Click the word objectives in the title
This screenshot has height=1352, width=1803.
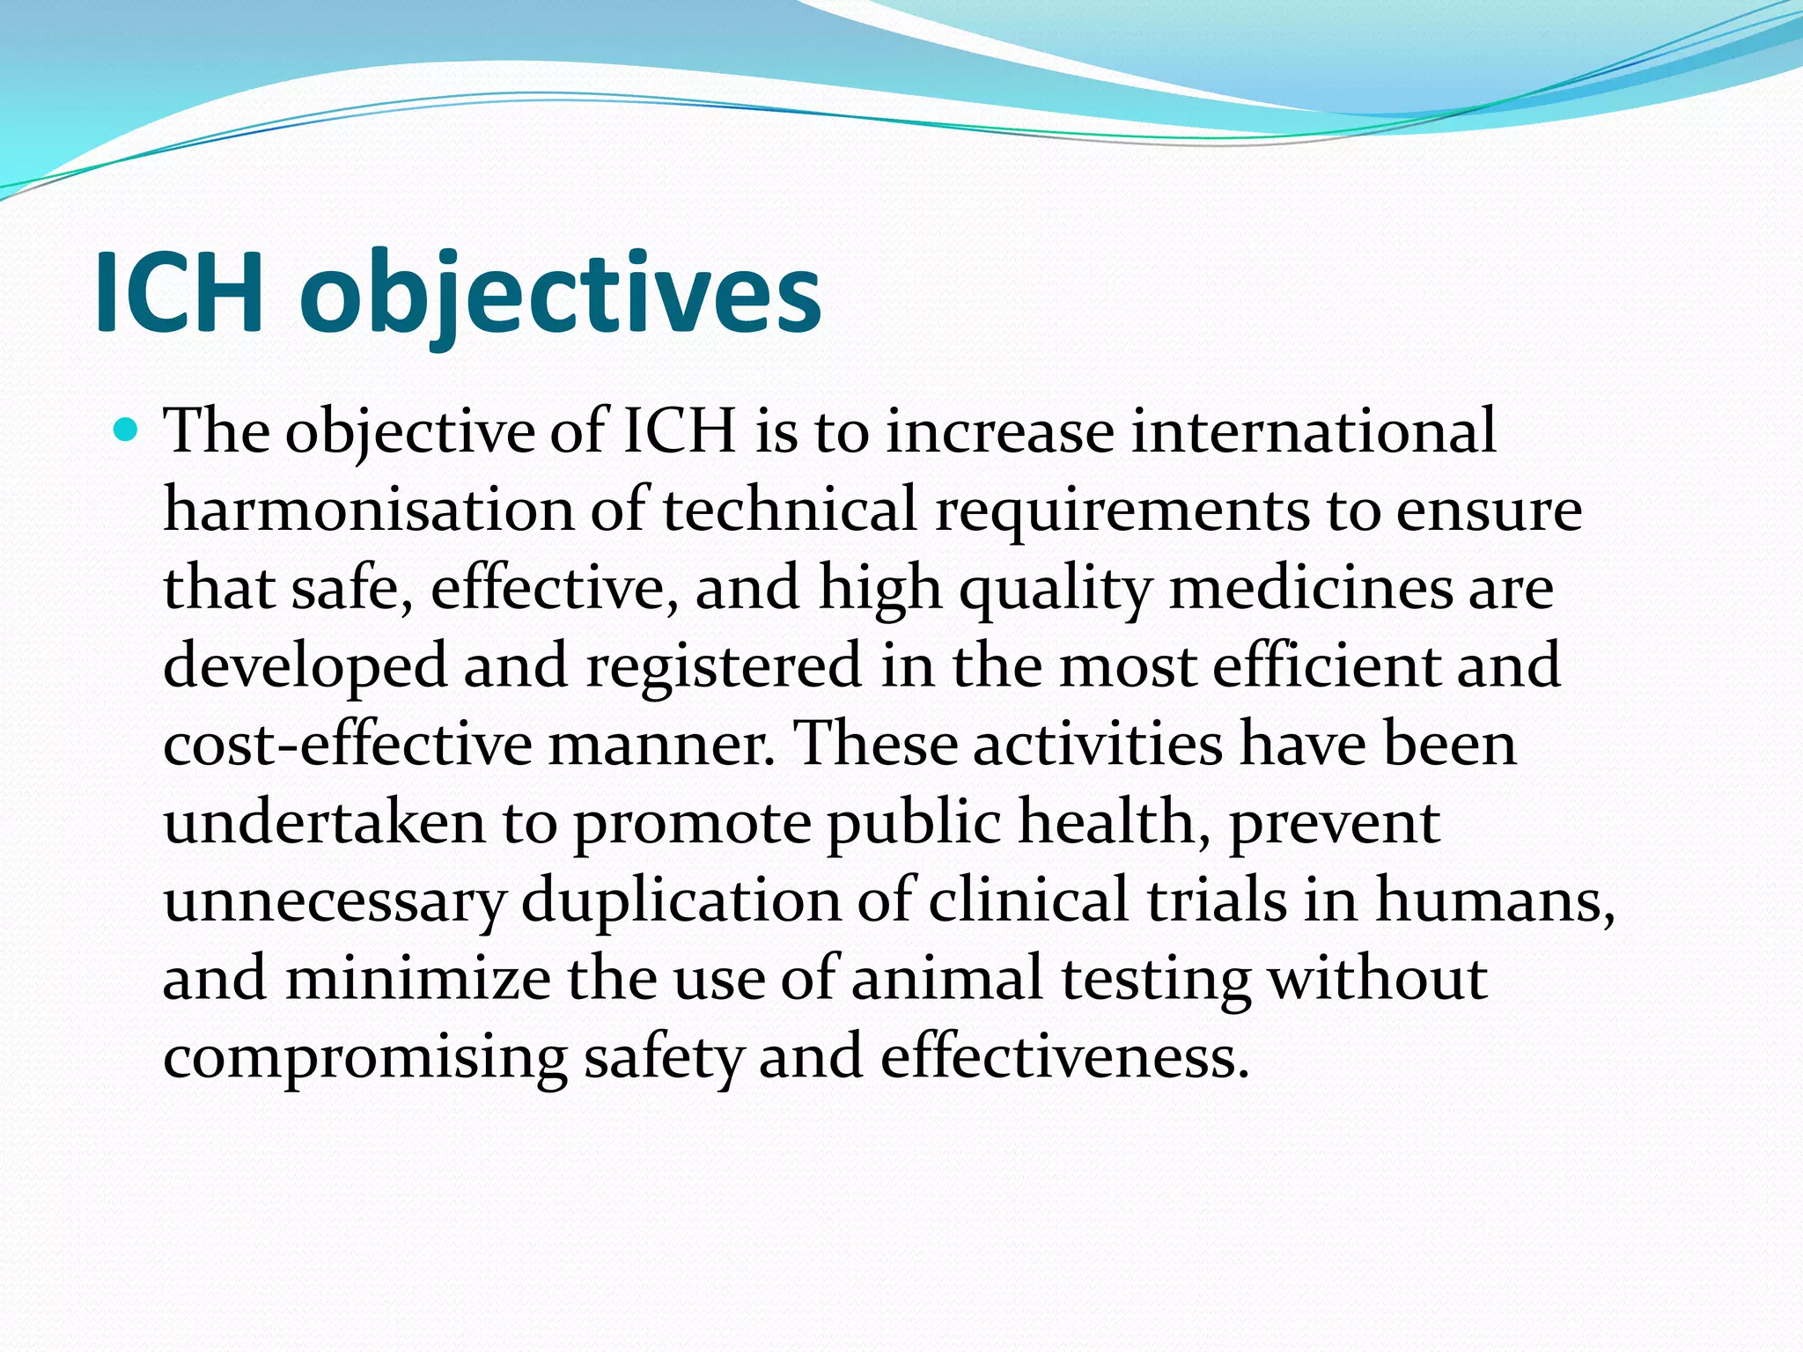560,294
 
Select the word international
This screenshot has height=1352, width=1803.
1313,431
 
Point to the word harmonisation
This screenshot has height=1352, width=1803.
368,510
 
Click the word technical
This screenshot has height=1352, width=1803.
790,510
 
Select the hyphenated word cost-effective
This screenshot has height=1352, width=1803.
347,744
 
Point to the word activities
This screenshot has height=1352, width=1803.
1098,744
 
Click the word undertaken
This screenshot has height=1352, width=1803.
324,822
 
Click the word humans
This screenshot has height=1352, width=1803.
1494,901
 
